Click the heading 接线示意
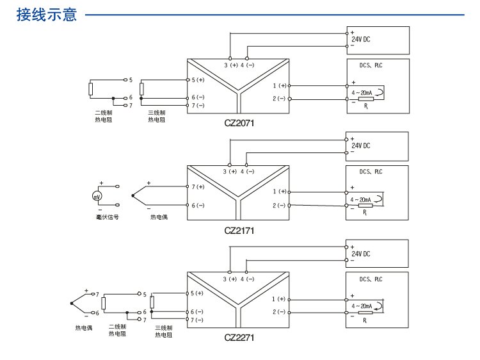point(47,14)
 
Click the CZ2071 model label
point(239,123)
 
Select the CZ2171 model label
point(239,231)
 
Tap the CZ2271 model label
point(239,337)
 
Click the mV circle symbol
point(97,195)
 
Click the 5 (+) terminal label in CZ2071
point(198,79)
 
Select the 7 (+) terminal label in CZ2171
point(198,186)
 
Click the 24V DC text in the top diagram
point(361,39)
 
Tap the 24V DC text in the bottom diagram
point(361,254)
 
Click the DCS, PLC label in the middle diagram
point(371,172)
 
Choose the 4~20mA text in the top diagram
point(363,93)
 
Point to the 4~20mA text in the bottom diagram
point(362,307)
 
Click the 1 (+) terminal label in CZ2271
point(279,299)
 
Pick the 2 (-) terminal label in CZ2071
point(279,98)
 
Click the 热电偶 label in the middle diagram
point(159,217)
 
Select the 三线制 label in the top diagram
point(157,112)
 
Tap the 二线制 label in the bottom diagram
point(117,327)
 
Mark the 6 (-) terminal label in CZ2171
point(198,205)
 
